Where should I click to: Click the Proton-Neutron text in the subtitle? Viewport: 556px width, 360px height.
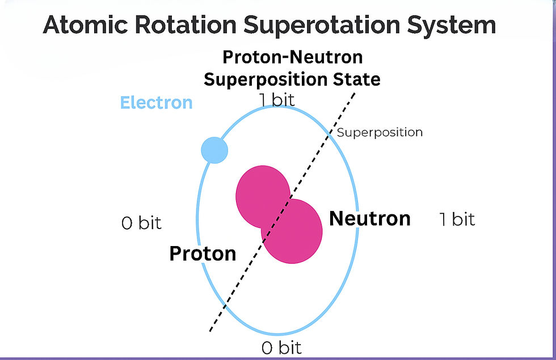click(292, 57)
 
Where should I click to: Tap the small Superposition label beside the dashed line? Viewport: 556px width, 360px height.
click(380, 132)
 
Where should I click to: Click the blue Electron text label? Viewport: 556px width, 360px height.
click(156, 103)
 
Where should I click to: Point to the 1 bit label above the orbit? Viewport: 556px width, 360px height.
click(277, 100)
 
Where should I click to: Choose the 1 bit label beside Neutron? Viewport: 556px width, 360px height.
click(457, 219)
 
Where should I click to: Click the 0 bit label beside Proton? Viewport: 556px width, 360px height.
click(141, 223)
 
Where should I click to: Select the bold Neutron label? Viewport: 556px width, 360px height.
click(370, 218)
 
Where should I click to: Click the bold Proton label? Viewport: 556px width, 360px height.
click(203, 253)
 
